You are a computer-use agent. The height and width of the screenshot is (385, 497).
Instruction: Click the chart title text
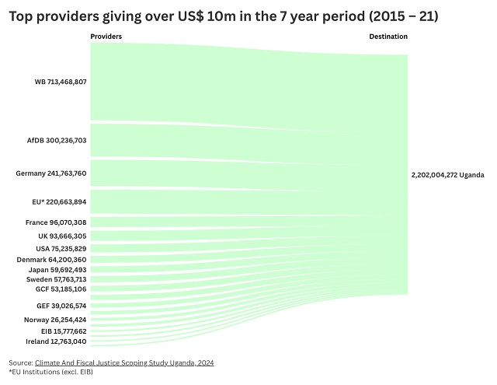tap(224, 15)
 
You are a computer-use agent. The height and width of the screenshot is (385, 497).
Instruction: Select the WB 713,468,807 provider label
tap(60, 82)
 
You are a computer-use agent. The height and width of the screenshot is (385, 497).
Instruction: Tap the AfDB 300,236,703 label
tap(57, 141)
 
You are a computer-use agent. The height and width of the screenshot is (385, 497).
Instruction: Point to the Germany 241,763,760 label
tap(51, 173)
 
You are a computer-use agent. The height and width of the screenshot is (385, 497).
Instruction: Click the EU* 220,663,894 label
tap(59, 201)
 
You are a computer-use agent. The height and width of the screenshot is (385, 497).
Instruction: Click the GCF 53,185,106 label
tap(61, 289)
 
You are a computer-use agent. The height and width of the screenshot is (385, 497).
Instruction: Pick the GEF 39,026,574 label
tap(61, 306)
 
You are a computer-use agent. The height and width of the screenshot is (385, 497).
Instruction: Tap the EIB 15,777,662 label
tap(64, 331)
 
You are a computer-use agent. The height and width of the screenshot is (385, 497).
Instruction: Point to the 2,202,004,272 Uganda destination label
tap(447, 175)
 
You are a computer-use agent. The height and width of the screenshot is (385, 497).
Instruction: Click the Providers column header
tap(106, 37)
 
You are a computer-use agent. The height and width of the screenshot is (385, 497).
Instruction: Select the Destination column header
tap(388, 37)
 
